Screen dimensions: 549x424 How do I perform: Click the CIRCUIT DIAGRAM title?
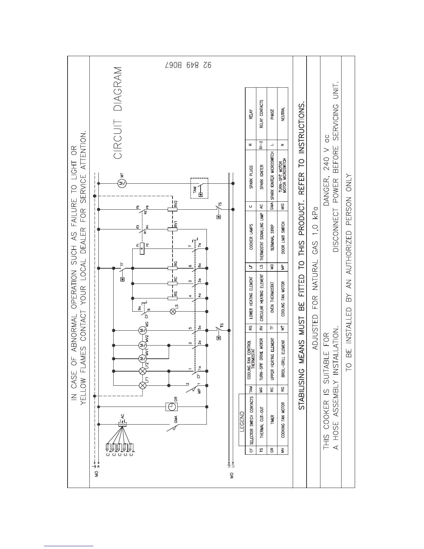click(x=118, y=113)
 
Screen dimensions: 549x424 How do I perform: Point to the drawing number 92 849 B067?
click(x=188, y=65)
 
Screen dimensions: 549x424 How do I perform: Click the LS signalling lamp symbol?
click(x=173, y=312)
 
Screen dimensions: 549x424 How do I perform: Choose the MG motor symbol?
click(x=142, y=331)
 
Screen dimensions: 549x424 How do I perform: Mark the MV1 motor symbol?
click(x=142, y=358)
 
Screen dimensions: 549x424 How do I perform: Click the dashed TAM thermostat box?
click(x=199, y=188)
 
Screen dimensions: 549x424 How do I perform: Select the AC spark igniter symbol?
click(x=122, y=424)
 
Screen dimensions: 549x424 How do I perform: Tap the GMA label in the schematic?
click(x=176, y=419)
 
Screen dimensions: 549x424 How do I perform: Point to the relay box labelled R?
click(x=142, y=248)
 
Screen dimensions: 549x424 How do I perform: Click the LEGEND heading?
click(x=242, y=422)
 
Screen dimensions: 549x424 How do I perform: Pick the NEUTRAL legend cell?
click(x=283, y=113)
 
